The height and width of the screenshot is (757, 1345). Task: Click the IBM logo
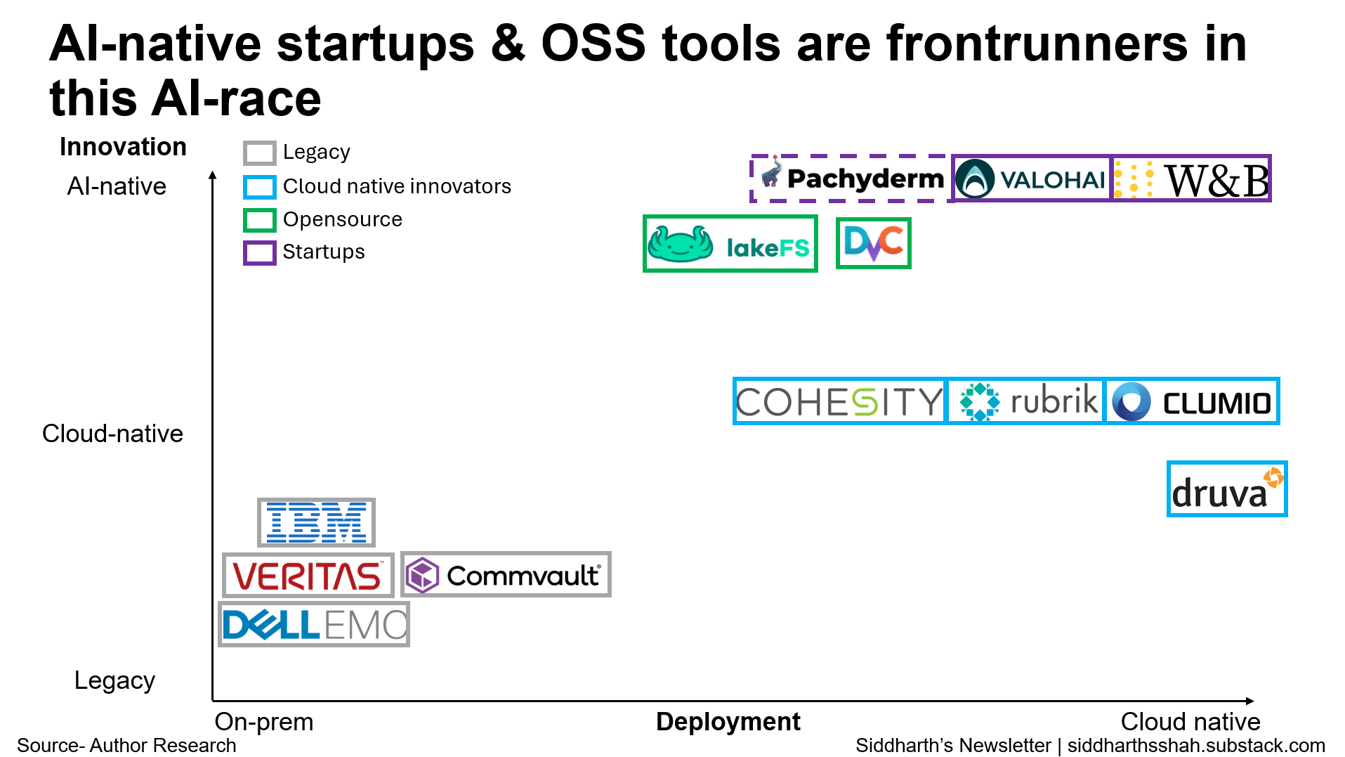click(x=316, y=522)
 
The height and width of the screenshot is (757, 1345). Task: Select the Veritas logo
click(x=308, y=575)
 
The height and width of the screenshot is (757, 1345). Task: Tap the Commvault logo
click(x=506, y=575)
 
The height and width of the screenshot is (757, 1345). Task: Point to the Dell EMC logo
click(x=314, y=624)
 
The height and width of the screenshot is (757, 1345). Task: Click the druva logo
click(x=1227, y=489)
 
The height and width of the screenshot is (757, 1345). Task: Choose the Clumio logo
click(x=1192, y=401)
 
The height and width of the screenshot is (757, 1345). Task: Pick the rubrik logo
click(x=1026, y=401)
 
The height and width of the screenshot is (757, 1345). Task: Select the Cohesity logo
click(x=840, y=401)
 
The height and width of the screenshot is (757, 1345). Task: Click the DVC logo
click(x=874, y=243)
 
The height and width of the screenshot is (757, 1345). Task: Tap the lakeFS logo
click(x=730, y=244)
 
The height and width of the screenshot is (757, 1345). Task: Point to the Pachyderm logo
click(x=852, y=179)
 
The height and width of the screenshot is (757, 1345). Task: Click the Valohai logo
click(x=1031, y=179)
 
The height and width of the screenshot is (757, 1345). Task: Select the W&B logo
click(x=1191, y=179)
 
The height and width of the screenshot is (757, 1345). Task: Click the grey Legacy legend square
click(x=259, y=153)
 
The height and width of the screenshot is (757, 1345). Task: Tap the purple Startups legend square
click(x=259, y=253)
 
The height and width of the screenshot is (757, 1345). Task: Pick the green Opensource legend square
click(x=259, y=220)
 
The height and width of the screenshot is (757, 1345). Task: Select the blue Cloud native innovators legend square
click(x=259, y=187)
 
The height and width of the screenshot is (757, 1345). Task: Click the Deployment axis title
click(x=728, y=722)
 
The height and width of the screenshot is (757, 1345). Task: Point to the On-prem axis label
click(x=264, y=722)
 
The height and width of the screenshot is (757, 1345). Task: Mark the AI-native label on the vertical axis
click(x=117, y=186)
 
